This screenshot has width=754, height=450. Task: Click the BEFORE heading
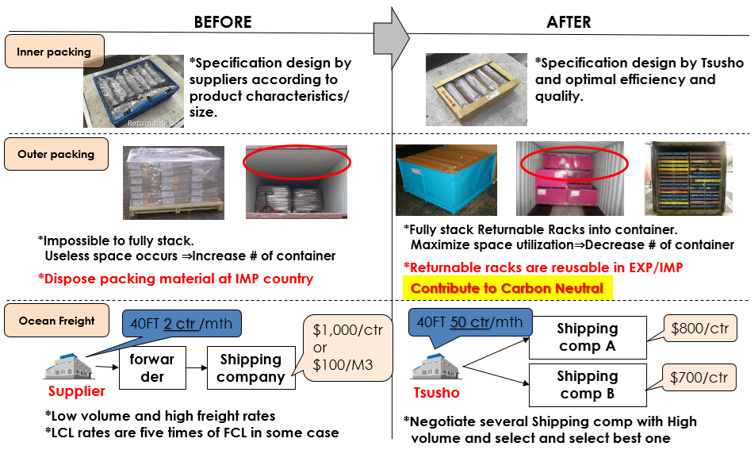[223, 21]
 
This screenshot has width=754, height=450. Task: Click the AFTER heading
[568, 21]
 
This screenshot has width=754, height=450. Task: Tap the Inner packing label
[54, 52]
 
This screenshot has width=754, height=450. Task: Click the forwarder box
[152, 368]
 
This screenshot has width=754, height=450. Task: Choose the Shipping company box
[251, 368]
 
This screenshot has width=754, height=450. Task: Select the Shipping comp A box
[587, 337]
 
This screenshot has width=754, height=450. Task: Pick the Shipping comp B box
[587, 385]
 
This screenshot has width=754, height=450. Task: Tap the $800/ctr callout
[699, 328]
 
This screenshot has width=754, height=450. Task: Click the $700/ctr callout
[699, 378]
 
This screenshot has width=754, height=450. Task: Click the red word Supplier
[77, 391]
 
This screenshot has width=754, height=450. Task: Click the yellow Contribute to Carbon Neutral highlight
[507, 288]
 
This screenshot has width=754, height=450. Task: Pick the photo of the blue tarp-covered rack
[446, 181]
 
